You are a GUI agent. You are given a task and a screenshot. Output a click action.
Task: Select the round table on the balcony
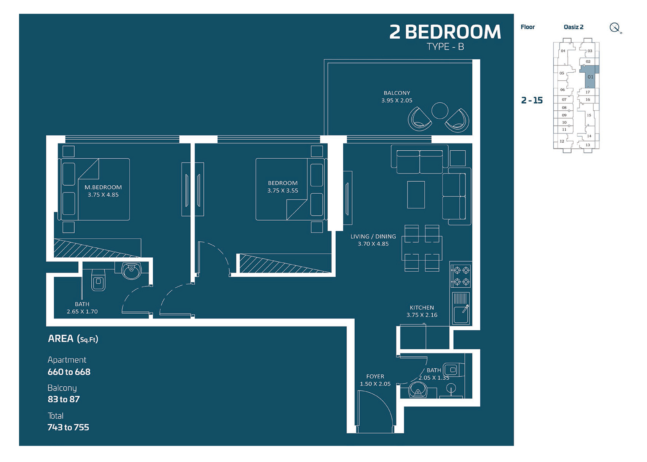point(440,111)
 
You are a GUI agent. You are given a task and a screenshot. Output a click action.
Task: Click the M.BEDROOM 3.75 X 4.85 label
point(103,191)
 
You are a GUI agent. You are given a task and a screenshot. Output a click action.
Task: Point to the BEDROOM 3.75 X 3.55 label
point(282,187)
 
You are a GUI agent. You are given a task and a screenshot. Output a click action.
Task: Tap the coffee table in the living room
point(416,194)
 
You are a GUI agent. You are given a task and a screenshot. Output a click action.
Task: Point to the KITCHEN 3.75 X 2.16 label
point(422,311)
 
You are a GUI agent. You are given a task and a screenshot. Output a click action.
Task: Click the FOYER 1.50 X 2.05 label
point(375,380)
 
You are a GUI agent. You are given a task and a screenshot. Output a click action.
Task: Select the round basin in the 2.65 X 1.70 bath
point(132,270)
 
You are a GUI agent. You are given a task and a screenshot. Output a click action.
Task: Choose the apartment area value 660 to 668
point(69,372)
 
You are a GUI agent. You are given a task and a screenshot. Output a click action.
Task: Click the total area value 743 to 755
point(68,427)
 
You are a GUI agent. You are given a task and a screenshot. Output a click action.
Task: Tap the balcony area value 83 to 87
point(64,399)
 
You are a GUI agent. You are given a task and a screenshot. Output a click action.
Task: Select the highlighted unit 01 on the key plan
point(590,77)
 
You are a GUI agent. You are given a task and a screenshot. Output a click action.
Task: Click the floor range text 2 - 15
point(532,100)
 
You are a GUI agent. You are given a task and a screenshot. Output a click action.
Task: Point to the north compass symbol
point(615,28)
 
